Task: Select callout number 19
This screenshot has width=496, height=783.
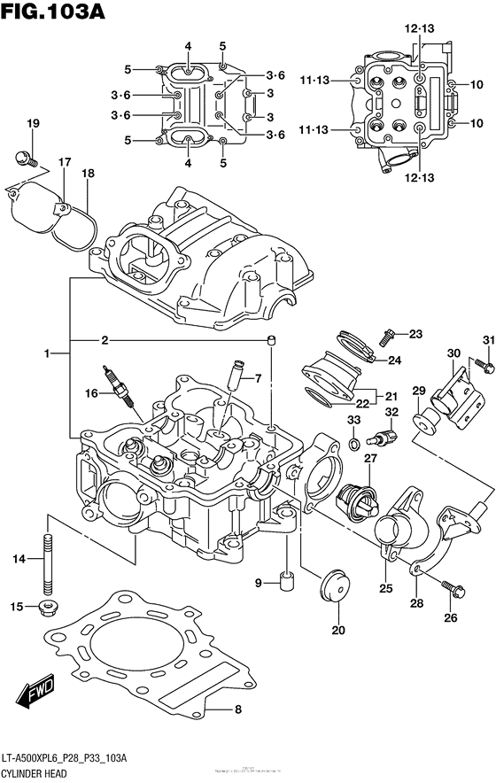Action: tap(33, 124)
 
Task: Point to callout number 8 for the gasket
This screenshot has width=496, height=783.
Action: tap(237, 709)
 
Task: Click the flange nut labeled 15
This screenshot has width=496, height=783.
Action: tap(49, 607)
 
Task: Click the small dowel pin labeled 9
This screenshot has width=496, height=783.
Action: tap(285, 582)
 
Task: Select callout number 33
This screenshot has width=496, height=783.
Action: tap(353, 419)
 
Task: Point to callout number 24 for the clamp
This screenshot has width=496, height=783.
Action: tap(395, 360)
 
